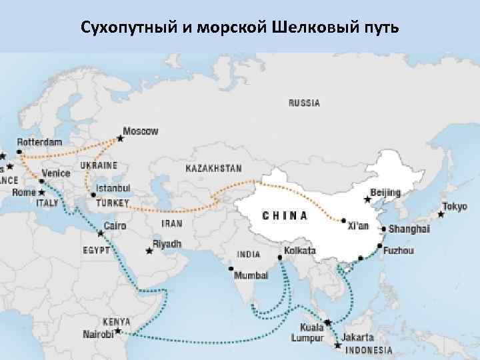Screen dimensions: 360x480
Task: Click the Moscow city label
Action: (141, 131)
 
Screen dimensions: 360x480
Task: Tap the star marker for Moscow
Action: (120, 139)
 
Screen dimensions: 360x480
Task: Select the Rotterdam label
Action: (39, 142)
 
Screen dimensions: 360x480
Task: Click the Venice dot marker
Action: (42, 181)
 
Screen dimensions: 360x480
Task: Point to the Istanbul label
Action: (113, 189)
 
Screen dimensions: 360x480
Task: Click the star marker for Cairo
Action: (101, 233)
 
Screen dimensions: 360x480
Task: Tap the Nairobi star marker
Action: (118, 331)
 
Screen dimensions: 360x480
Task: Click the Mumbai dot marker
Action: (231, 269)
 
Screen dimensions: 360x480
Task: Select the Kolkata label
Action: (299, 251)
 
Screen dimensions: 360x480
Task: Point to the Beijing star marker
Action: (366, 199)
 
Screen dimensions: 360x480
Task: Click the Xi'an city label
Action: (358, 226)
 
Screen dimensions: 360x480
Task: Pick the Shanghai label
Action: (409, 229)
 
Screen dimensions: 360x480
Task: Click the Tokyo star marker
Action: (441, 215)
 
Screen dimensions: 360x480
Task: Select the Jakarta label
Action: (361, 338)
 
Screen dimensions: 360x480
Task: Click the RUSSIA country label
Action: (304, 103)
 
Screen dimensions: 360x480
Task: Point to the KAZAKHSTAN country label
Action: (213, 168)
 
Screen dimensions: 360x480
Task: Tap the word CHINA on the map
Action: (285, 215)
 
